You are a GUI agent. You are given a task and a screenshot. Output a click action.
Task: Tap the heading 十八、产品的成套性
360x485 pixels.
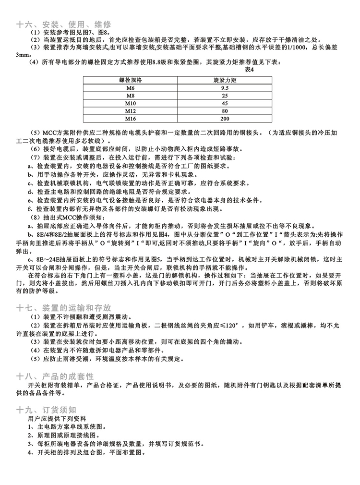[55, 375]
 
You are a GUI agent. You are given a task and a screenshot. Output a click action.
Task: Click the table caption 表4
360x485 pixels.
[250, 70]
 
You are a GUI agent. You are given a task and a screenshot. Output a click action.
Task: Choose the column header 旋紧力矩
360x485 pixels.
[225, 81]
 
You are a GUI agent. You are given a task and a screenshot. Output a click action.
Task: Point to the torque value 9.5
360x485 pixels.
[225, 88]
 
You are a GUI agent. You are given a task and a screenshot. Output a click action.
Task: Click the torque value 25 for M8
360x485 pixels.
[225, 96]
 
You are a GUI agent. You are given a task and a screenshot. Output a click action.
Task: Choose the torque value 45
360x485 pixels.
[225, 103]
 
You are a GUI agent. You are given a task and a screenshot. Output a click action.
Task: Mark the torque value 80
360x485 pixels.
[225, 111]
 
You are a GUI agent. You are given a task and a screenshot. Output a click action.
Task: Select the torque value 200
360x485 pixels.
[225, 119]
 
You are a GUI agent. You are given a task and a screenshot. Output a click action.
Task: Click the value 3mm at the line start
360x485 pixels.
[23, 55]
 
